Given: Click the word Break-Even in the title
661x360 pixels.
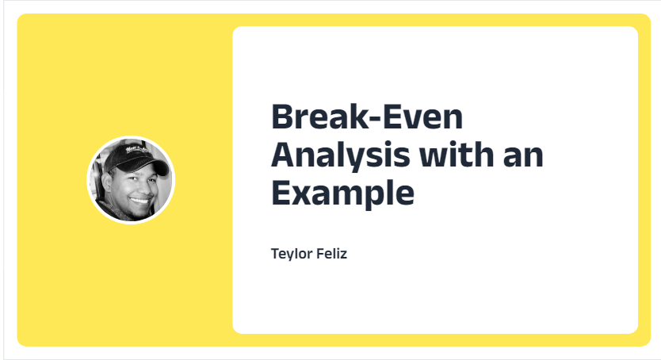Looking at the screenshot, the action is (367, 117).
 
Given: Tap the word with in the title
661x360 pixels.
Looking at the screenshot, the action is (457, 155).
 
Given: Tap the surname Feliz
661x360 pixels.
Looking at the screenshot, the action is (331, 254).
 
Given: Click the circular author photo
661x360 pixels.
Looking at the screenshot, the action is (131, 180).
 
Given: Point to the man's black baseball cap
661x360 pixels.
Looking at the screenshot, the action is (134, 158).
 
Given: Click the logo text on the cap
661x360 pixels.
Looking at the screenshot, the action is (135, 150).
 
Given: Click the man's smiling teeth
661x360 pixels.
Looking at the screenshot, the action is (140, 201).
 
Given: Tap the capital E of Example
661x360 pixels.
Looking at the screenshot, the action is (281, 192).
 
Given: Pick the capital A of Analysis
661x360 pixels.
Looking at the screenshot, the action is (284, 155).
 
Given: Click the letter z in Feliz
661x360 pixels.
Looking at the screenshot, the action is (343, 255).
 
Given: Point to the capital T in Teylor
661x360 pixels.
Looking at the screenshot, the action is (275, 254).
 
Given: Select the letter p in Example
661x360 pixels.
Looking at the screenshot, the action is (372, 197).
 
